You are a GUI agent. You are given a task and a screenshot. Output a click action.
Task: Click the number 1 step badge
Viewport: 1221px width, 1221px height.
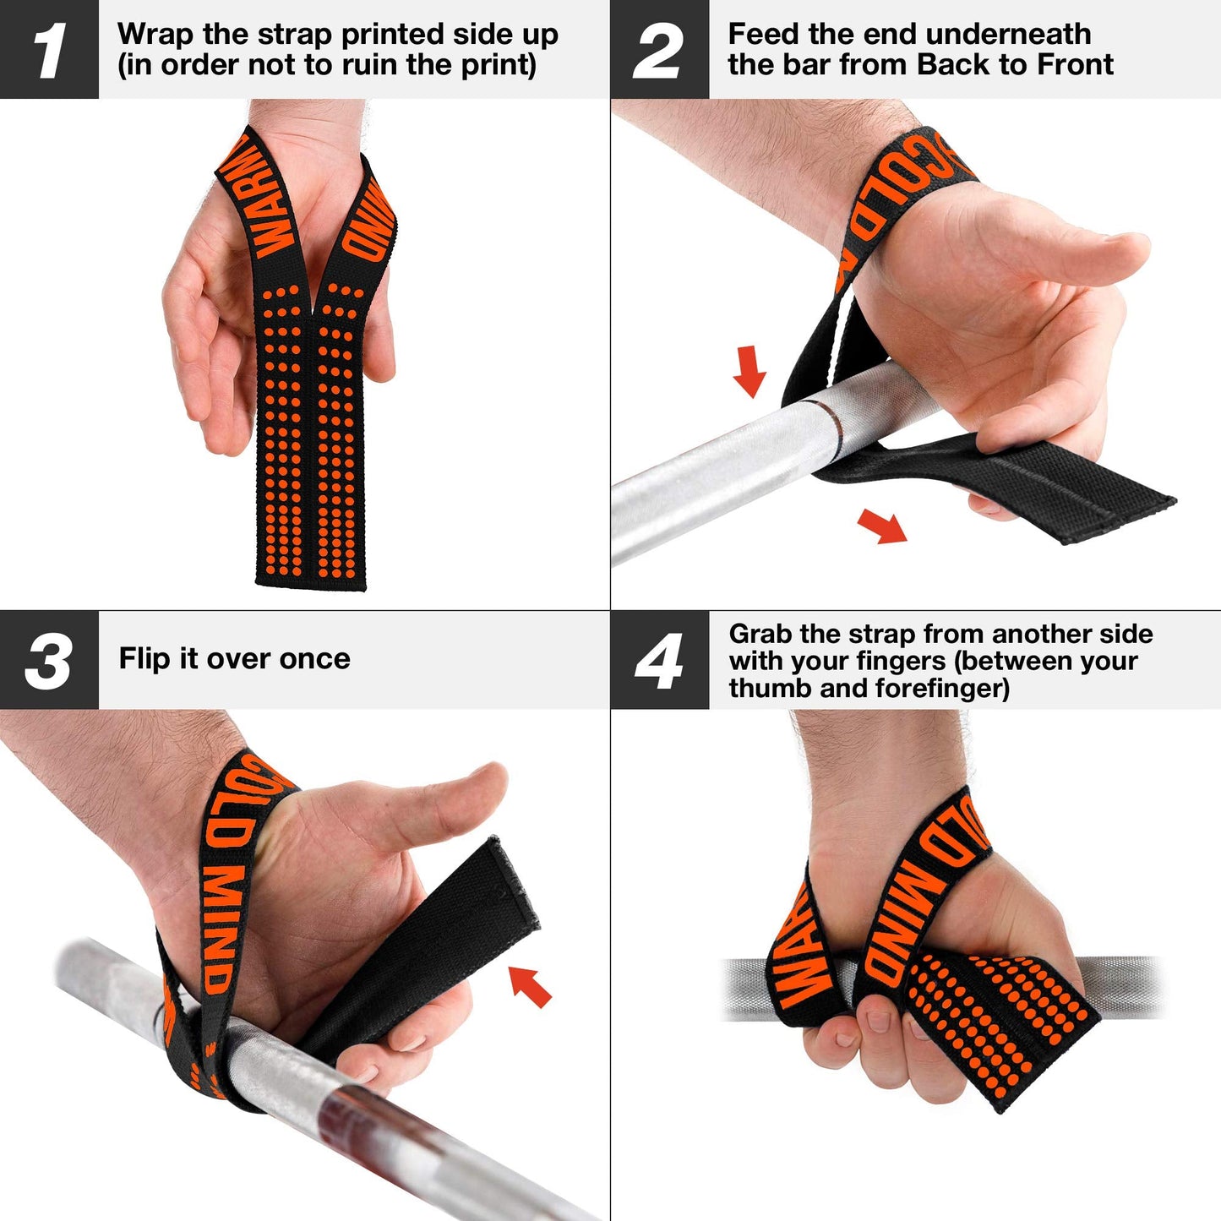pos(49,50)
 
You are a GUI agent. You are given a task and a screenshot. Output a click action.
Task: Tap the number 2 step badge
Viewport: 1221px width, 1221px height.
pos(659,50)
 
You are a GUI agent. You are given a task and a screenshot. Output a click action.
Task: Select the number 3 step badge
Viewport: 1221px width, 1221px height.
pos(49,660)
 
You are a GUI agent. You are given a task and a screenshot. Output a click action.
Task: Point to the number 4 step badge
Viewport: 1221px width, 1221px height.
pos(659,660)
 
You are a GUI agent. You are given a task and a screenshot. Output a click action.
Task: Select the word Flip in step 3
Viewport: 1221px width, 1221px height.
pos(144,658)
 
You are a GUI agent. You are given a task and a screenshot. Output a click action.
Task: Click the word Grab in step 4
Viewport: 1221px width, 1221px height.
pos(760,634)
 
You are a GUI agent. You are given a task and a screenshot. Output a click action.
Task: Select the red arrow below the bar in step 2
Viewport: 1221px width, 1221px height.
pos(881,526)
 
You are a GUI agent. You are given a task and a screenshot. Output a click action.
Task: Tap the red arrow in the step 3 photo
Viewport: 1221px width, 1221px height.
pos(530,985)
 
